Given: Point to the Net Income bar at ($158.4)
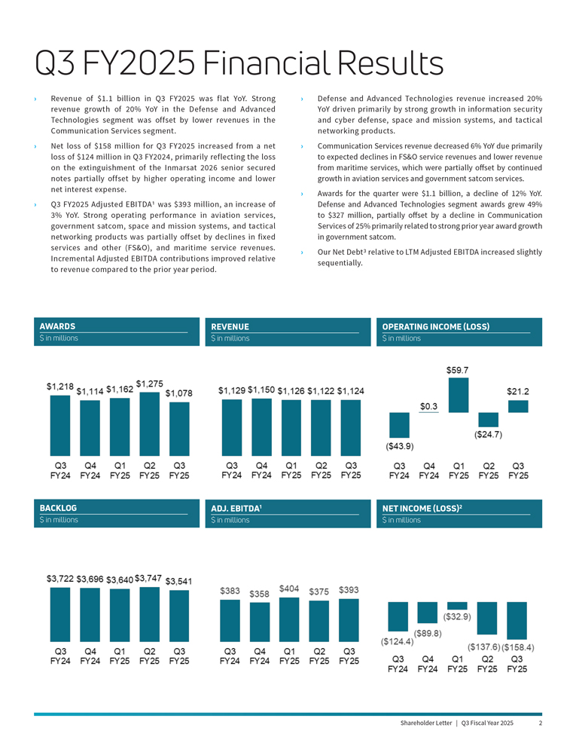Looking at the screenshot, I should [x=517, y=620].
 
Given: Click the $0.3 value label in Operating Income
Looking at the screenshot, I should [x=429, y=407].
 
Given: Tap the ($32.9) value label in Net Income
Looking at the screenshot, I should [x=457, y=617].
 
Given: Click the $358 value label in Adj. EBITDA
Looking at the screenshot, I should [x=259, y=594].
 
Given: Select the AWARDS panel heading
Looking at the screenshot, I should [x=57, y=326].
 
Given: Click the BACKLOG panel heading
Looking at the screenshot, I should [x=59, y=508].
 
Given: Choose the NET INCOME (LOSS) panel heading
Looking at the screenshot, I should [x=422, y=509].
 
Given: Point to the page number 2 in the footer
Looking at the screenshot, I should [x=541, y=723].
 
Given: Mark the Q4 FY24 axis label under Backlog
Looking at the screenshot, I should [x=90, y=656].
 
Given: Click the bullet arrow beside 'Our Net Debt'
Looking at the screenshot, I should [x=302, y=252].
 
